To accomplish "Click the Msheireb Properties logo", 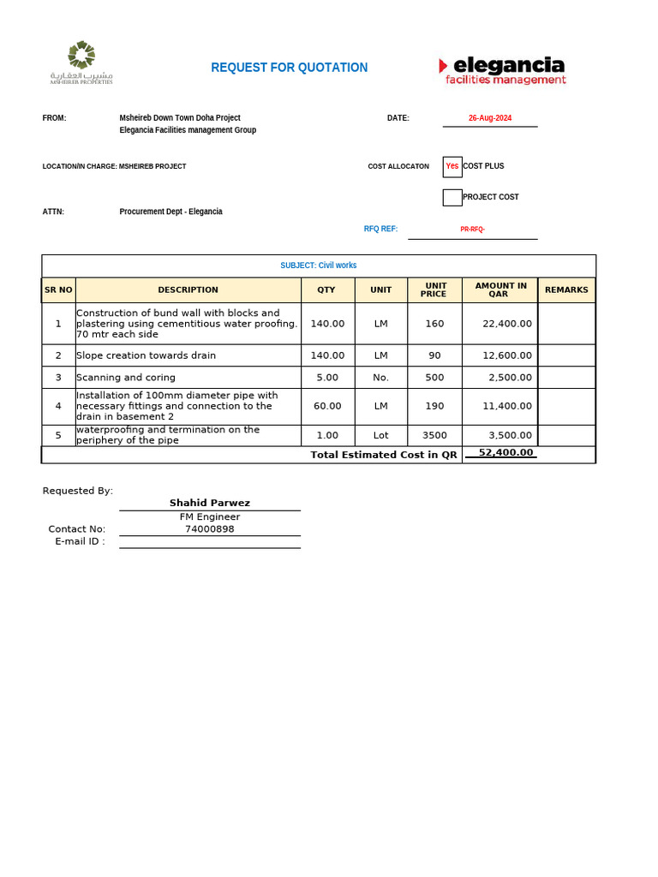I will [81, 63].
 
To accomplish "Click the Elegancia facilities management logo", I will [502, 69].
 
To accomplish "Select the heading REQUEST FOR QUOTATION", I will [289, 68].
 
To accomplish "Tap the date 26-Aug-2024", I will [490, 118].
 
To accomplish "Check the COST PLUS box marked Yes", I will [452, 166].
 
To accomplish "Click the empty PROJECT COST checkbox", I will [452, 198].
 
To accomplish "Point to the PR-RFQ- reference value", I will [472, 230].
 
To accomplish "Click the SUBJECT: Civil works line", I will [318, 265].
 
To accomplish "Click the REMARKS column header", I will [566, 289].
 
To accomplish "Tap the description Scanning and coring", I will [126, 378].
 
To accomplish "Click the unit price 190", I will [434, 406].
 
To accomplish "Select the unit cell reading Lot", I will [380, 435].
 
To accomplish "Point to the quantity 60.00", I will [327, 406].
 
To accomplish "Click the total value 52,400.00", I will [505, 452].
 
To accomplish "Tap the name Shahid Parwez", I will [210, 503].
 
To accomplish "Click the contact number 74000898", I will [210, 529].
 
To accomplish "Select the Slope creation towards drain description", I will [146, 355].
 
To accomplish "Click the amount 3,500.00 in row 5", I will [510, 435].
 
